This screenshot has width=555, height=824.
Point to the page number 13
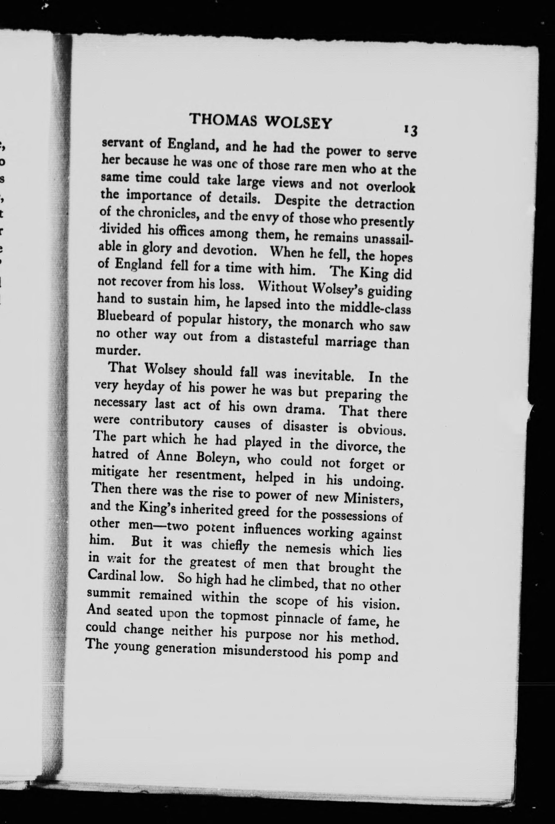[x=410, y=131]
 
